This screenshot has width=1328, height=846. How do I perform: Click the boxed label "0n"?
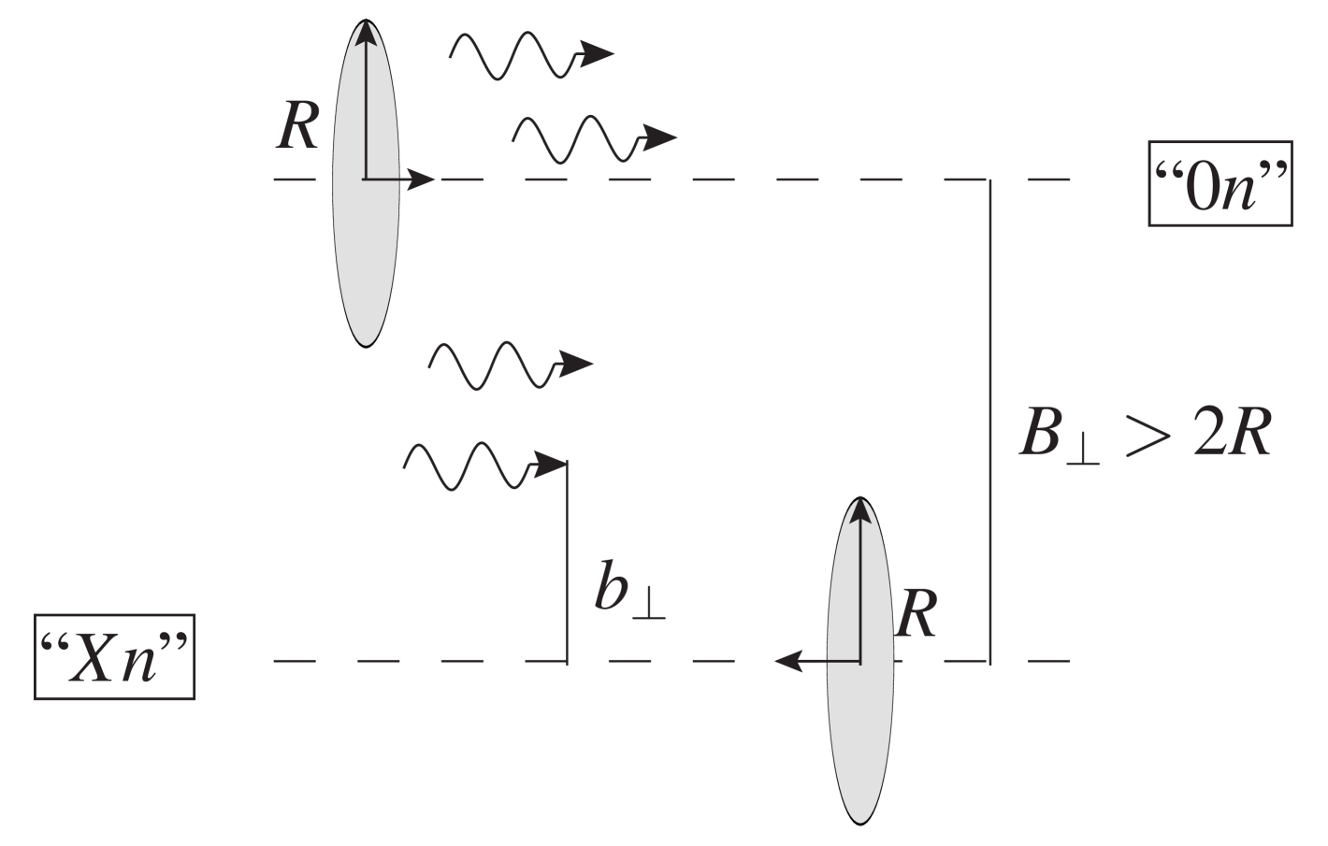coord(1220,197)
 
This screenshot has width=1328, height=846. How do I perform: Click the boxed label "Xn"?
coord(114,656)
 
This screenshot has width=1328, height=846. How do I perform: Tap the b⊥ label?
coord(628,592)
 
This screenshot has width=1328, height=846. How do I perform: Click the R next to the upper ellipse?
coord(298,127)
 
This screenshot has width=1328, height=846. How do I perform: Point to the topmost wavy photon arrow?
coord(528,55)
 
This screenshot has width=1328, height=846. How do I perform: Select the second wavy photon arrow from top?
coord(591,139)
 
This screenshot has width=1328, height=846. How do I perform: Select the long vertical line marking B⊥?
coord(990,421)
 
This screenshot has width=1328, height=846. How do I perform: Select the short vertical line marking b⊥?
coord(567,561)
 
